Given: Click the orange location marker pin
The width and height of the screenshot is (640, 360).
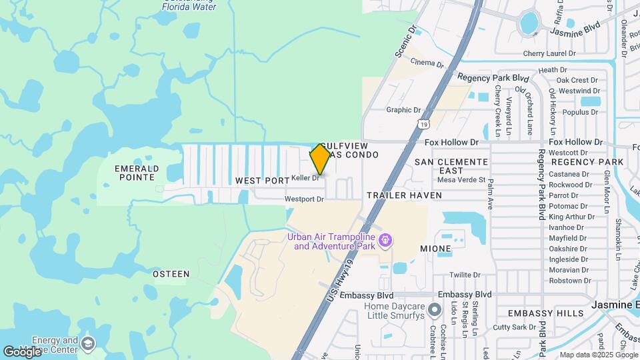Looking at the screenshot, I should (x=320, y=159).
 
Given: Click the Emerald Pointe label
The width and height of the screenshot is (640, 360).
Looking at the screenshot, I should (x=136, y=173).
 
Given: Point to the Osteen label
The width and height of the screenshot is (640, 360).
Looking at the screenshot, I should (x=171, y=274).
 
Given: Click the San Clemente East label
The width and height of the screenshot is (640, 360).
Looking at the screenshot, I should (x=451, y=167).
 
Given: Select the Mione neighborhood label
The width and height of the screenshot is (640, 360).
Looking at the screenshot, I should (x=435, y=249).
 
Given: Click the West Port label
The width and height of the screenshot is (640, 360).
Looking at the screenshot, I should (x=263, y=181).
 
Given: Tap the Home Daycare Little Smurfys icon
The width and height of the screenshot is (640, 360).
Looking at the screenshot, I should (x=435, y=309).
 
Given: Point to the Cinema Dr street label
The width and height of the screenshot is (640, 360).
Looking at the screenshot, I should (x=427, y=63).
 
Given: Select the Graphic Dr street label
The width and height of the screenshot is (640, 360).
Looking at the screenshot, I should (x=403, y=110).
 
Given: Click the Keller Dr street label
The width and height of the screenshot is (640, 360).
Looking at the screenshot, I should (x=307, y=178).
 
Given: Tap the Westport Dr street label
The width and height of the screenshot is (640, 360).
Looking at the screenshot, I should (x=304, y=199).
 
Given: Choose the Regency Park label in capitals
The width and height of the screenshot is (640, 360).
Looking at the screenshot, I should (x=587, y=162).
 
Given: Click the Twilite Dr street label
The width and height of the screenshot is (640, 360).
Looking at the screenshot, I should (x=465, y=275).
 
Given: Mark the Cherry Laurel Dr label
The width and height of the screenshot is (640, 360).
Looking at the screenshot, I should (x=549, y=53).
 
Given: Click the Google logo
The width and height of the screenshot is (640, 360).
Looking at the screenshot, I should (x=22, y=351).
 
